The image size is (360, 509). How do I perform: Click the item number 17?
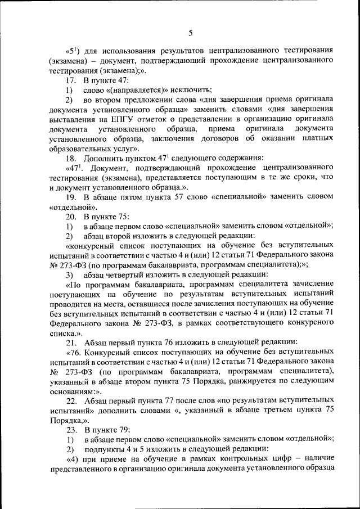pyautogui.click(x=71, y=80)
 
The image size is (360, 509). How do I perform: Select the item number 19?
pyautogui.click(x=71, y=197)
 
